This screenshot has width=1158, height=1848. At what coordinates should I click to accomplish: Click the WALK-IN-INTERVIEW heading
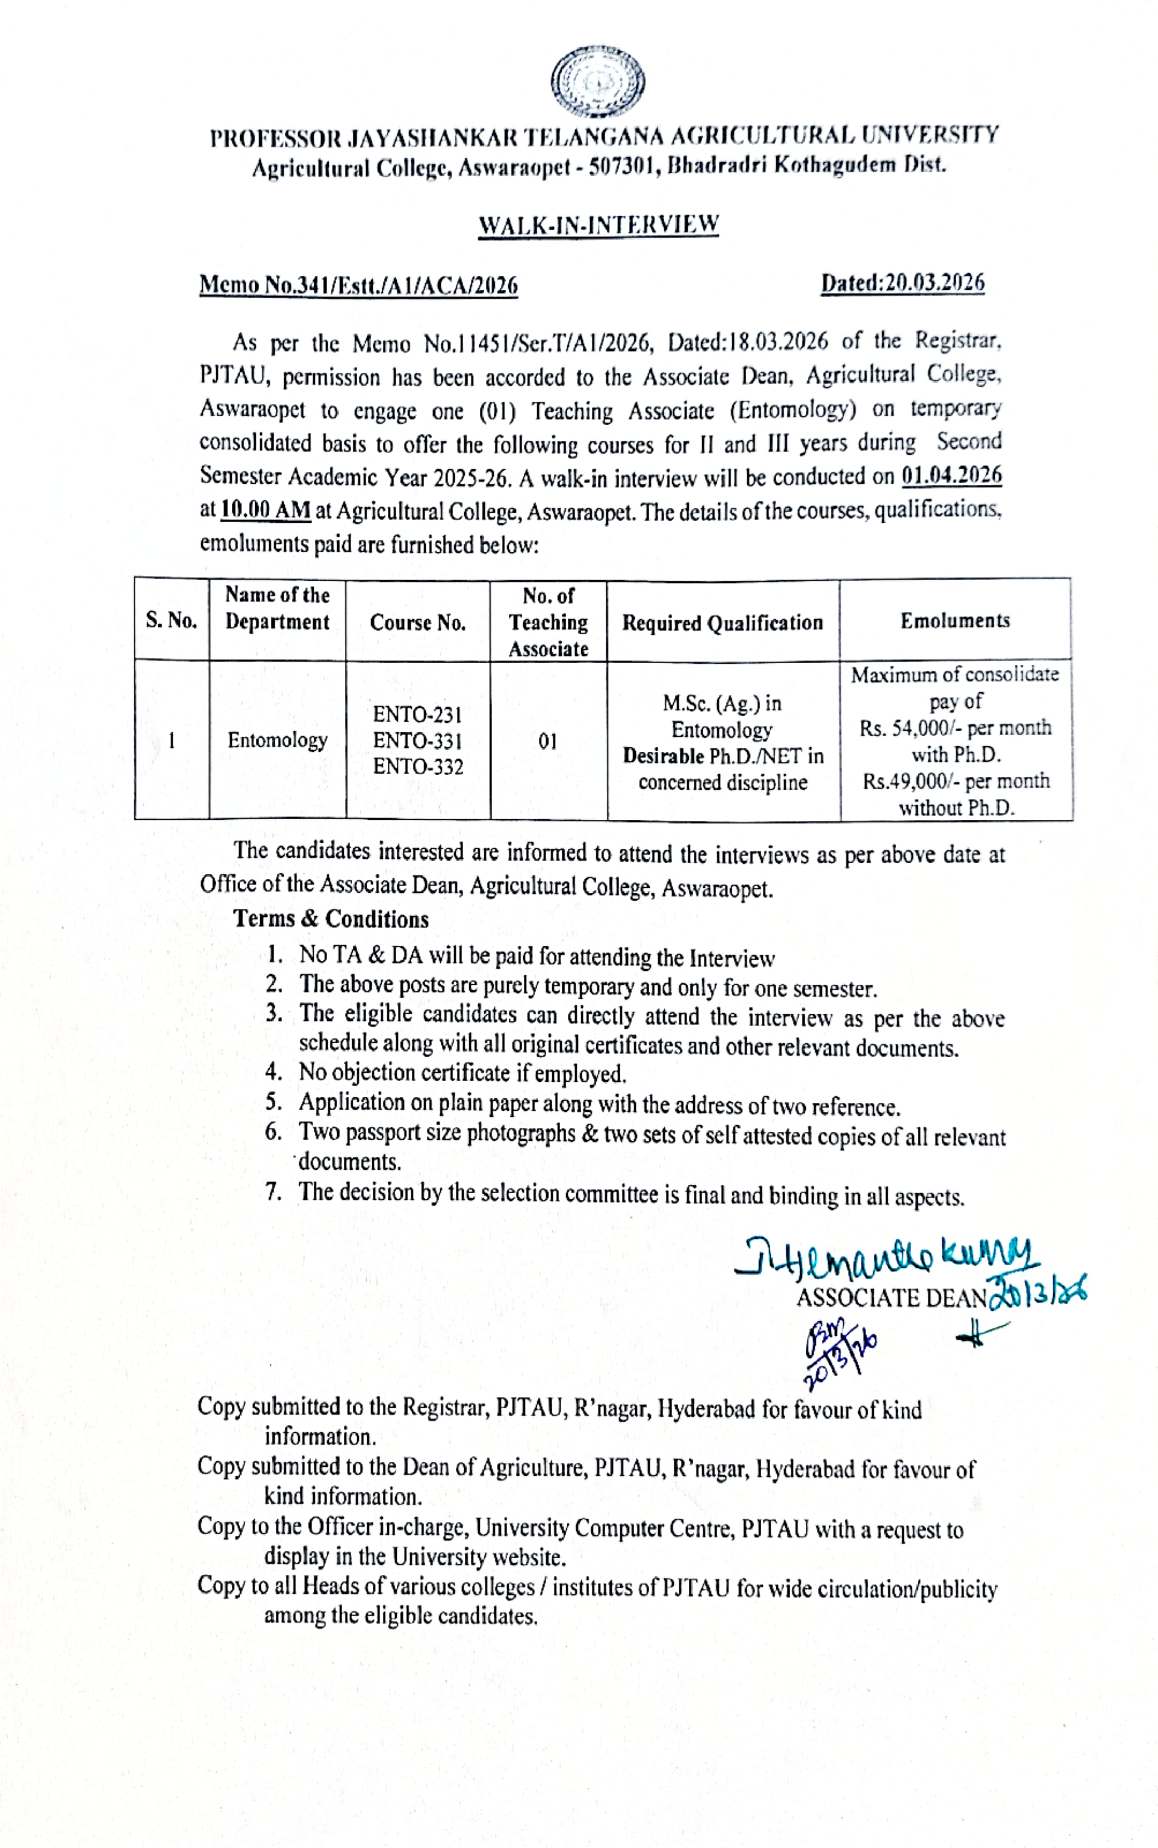point(598,225)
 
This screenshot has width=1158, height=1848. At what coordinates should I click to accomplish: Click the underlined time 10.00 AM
point(266,509)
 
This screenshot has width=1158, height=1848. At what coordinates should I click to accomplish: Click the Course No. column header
point(417,622)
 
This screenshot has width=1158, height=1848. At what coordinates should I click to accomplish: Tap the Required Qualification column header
point(722,622)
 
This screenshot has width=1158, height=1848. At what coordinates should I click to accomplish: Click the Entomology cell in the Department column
point(277,740)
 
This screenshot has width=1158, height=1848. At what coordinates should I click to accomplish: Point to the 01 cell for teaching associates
point(548,741)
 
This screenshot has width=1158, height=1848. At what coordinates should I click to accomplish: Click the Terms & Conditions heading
point(331,919)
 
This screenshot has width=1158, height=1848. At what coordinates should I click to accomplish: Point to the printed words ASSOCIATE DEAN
point(891,1297)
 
